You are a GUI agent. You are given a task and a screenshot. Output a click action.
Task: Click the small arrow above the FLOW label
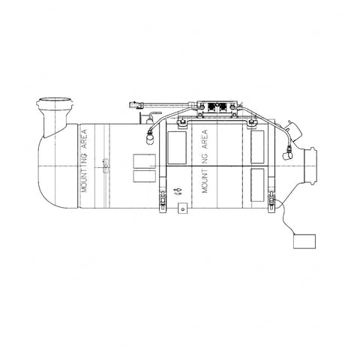click(x=178, y=190)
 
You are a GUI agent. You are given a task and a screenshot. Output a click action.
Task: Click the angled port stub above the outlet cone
click(x=296, y=131)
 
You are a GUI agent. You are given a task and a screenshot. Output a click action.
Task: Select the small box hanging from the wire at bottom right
click(x=304, y=240)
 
